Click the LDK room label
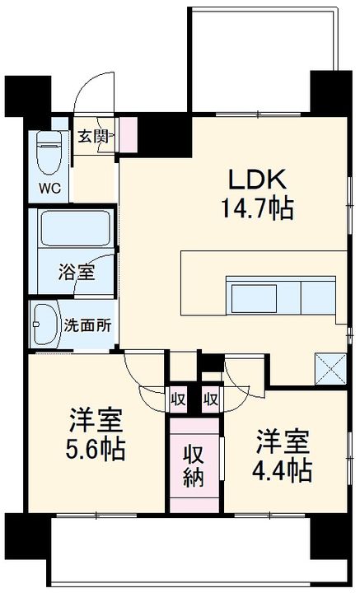click(257, 180)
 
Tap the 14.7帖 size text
click(257, 208)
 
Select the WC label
click(49, 189)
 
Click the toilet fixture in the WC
click(49, 153)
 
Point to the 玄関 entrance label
click(92, 136)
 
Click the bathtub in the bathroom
click(76, 229)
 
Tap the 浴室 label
click(76, 272)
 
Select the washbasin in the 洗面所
click(46, 325)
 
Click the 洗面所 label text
click(87, 325)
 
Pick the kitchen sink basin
click(254, 298)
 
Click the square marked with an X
click(331, 368)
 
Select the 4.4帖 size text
click(283, 471)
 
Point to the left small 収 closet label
click(178, 399)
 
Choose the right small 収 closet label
click(211, 399)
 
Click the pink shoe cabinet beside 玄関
click(129, 135)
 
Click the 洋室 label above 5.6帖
click(96, 421)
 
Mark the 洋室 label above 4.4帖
click(283, 442)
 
